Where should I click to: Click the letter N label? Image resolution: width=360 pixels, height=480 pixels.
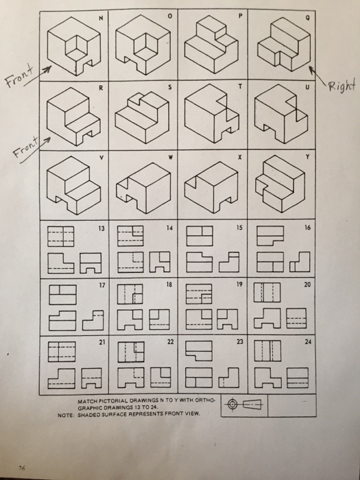(101, 18)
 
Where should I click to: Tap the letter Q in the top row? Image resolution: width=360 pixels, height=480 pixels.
(307, 18)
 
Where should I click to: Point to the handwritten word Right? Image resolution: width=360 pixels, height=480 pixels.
(342, 85)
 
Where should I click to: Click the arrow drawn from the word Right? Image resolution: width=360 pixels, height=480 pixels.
(317, 75)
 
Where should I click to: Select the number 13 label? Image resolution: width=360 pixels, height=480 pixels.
(101, 228)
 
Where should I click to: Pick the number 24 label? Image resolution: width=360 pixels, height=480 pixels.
(308, 341)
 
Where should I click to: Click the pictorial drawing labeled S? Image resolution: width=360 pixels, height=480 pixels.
(142, 117)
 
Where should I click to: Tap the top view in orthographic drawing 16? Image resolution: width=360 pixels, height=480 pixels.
(270, 236)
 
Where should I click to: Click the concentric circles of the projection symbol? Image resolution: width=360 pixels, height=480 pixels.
(232, 405)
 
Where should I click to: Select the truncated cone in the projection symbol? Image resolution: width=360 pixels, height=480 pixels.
(252, 405)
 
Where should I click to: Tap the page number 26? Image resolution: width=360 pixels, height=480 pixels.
(22, 468)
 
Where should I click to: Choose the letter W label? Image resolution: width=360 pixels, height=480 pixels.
(170, 158)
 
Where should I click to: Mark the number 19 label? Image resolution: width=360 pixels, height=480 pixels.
(239, 285)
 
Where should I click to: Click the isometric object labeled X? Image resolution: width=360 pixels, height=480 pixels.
(211, 187)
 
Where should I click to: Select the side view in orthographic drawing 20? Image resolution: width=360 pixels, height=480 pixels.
(296, 318)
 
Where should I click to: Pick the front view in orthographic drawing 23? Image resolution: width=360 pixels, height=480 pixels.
(199, 377)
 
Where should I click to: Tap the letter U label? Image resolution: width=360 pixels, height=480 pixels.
(307, 88)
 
